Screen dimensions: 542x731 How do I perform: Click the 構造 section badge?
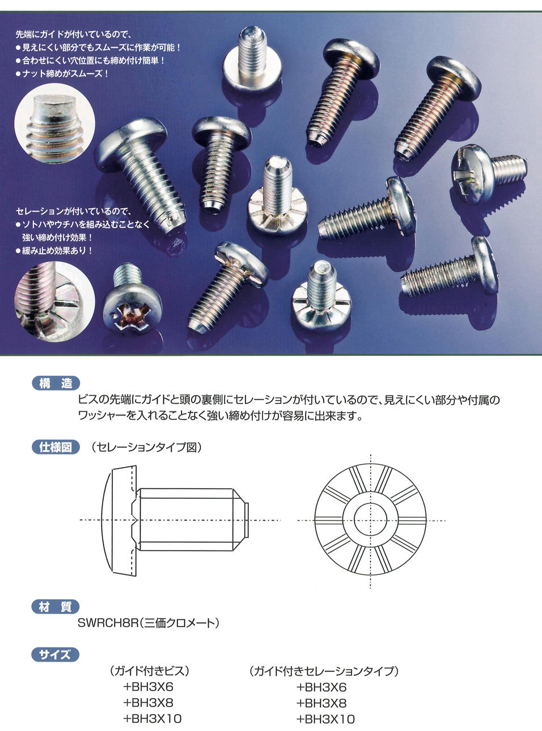[x=56, y=383]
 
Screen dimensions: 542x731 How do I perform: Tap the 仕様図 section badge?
[x=56, y=447]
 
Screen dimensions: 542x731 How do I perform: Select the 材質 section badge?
[x=56, y=606]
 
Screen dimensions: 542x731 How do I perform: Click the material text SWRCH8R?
[x=108, y=623]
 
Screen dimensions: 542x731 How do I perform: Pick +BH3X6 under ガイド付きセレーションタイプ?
[x=321, y=687]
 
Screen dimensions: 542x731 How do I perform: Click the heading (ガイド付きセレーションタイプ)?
[x=324, y=671]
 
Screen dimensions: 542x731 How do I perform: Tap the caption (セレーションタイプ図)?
[x=146, y=447]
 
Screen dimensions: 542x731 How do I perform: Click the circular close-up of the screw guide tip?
[x=54, y=124]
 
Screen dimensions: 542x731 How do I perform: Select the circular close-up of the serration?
[x=54, y=301]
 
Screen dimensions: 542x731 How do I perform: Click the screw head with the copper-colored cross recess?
[x=132, y=310]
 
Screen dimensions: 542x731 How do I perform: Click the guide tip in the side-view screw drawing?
[x=245, y=520]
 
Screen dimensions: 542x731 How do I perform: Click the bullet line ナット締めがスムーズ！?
[x=62, y=73]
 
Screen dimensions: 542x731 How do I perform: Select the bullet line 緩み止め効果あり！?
[x=54, y=251]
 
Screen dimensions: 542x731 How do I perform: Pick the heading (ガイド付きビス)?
[x=150, y=671]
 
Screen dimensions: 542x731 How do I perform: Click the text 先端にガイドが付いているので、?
[x=74, y=35]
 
